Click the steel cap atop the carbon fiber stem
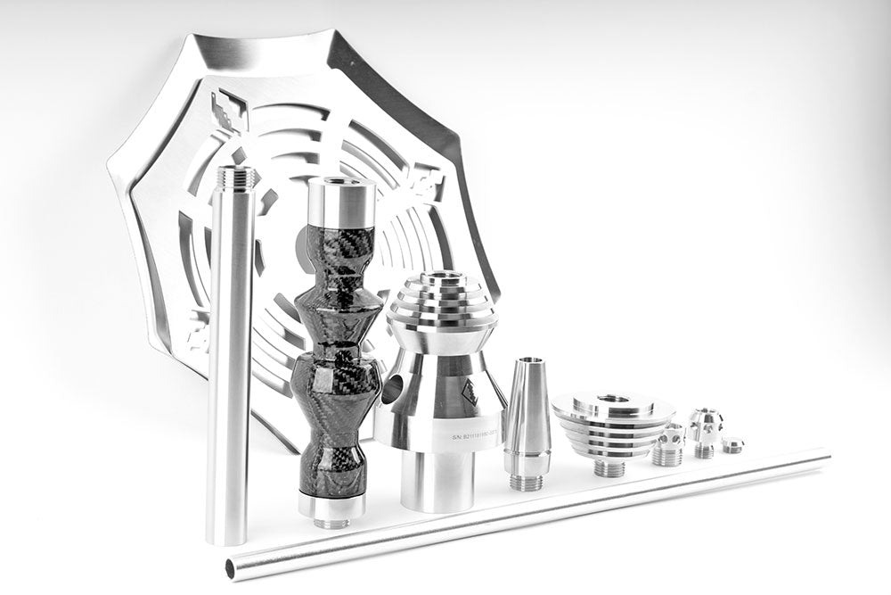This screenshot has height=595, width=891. [342, 202]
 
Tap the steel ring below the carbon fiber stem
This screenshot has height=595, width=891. [331, 506]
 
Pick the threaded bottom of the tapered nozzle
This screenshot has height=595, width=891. [527, 482]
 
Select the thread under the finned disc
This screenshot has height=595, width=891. [609, 467]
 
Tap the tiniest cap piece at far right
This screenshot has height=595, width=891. [733, 444]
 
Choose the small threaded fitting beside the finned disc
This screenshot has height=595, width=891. [668, 445]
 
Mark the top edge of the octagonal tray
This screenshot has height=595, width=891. [267, 40]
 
